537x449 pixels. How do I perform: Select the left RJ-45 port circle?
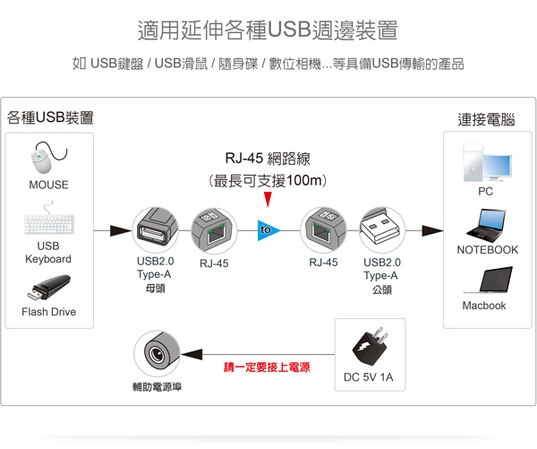[x=214, y=230]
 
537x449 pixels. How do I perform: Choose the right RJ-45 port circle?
[x=323, y=230]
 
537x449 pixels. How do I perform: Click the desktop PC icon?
[x=486, y=165]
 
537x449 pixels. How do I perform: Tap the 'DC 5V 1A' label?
[x=368, y=377]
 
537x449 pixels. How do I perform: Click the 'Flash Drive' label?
[x=48, y=312]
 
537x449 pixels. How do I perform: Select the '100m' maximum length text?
[x=304, y=180]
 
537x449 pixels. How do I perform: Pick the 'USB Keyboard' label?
[x=48, y=252]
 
